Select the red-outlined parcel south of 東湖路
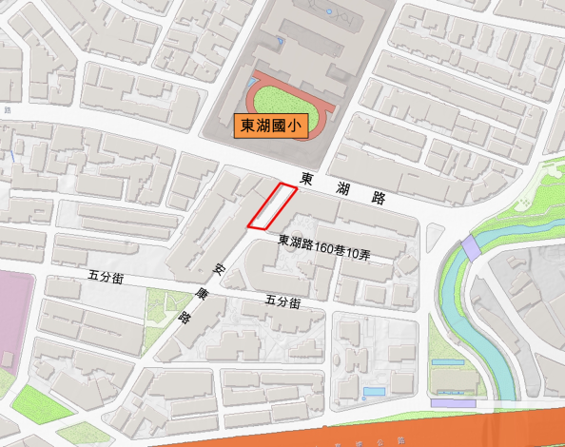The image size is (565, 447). click(x=272, y=206)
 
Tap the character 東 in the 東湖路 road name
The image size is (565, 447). click(x=306, y=178)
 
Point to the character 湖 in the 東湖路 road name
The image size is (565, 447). click(x=343, y=188)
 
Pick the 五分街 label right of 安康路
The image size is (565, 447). click(x=283, y=302)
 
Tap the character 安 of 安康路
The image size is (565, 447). click(x=219, y=270)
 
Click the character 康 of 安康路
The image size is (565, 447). click(x=201, y=294)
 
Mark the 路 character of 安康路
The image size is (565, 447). click(x=185, y=318)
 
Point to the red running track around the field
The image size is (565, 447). click(x=253, y=95)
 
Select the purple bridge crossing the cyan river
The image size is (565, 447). click(x=471, y=250)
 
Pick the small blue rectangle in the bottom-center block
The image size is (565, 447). click(x=374, y=392)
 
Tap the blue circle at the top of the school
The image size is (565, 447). click(x=329, y=11)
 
